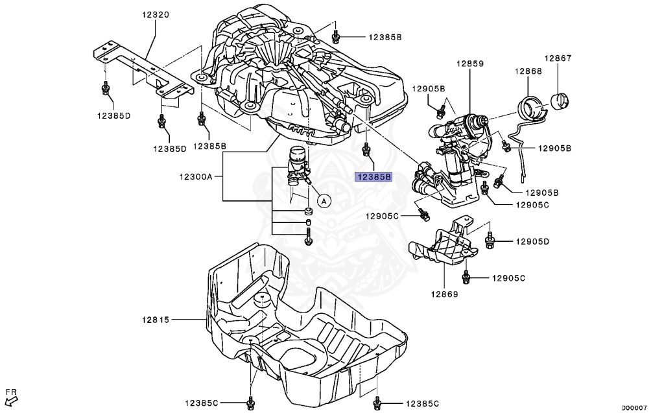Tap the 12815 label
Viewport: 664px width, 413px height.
coord(156,319)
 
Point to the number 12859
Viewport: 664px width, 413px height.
coord(470,64)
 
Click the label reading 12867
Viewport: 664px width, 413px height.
coord(558,58)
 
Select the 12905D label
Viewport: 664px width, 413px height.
coord(532,241)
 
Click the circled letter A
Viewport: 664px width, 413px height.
coord(324,201)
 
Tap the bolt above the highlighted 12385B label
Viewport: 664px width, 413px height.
coord(367,151)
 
